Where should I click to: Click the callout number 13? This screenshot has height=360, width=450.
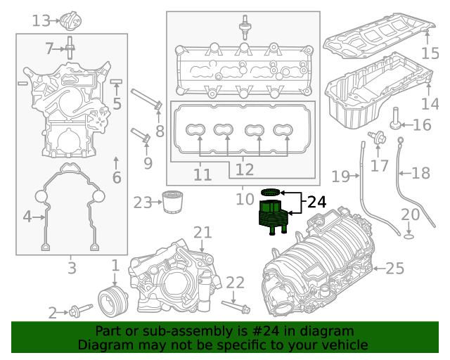tap(41, 21)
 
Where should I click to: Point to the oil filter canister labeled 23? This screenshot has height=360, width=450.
tap(169, 202)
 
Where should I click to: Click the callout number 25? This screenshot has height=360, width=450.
tap(395, 268)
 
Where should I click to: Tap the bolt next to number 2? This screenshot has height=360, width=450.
tap(80, 310)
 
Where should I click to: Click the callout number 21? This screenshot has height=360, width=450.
tap(202, 233)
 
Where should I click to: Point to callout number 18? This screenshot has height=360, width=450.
tap(420, 173)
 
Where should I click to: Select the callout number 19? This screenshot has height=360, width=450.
tap(341, 175)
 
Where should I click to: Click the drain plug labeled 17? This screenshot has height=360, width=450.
tap(378, 138)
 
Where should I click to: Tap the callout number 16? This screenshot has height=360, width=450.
tap(422, 125)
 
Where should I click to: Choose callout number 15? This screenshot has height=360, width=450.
tap(429, 53)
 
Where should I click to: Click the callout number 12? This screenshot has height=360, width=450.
tap(244, 169)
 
